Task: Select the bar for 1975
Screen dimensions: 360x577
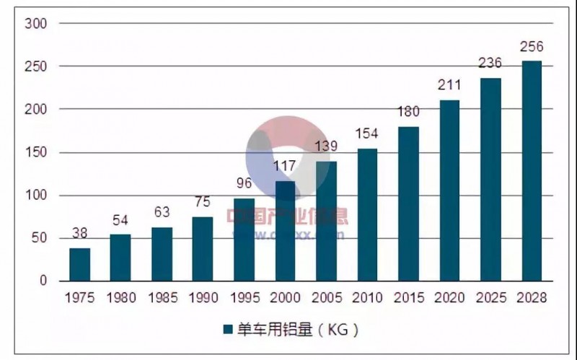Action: pos(80,264)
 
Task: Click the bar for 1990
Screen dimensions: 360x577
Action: pos(203,248)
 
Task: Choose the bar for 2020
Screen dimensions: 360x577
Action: pos(449,190)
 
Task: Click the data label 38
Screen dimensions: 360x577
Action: pos(80,234)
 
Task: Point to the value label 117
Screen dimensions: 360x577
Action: pos(285,167)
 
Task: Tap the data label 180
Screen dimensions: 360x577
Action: pos(408,113)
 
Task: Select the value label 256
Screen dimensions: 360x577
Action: pos(532,47)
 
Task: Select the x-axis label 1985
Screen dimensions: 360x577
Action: pos(162,297)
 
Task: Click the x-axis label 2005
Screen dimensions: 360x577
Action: pos(326,297)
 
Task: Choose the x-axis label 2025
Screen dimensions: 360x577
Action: pos(490,297)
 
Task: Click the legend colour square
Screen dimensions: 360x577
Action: pos(227,330)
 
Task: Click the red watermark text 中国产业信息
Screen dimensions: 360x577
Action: pos(287,215)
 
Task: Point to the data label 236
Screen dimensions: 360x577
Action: pos(490,64)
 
